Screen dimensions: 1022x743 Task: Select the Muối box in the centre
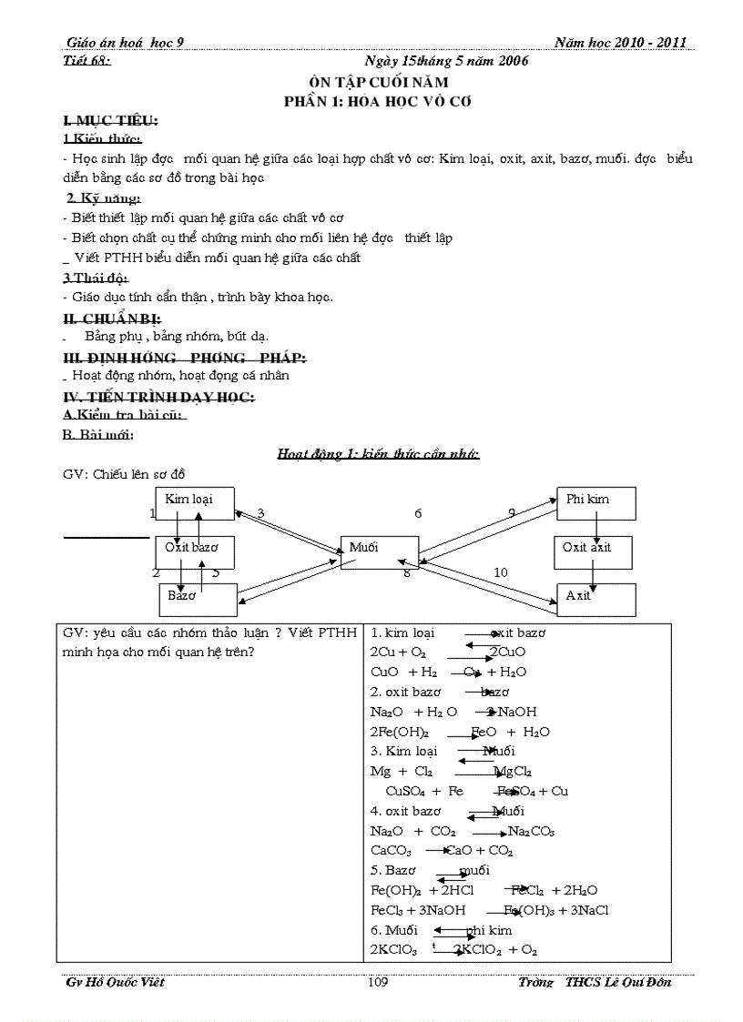[x=379, y=551]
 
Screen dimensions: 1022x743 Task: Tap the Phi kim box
[x=595, y=502]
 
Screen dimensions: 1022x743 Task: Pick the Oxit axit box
[x=594, y=551]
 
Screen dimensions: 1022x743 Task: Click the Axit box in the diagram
[x=595, y=599]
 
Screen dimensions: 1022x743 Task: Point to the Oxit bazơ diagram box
[x=194, y=551]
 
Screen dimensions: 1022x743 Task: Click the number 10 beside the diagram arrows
[x=501, y=572]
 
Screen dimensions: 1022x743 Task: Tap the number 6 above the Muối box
[x=418, y=513]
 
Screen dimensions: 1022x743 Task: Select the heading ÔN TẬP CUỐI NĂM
[x=378, y=82]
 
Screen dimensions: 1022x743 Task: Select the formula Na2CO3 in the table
[x=531, y=831]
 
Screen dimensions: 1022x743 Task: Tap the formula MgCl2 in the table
[x=513, y=771]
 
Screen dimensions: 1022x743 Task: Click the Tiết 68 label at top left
[x=89, y=61]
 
